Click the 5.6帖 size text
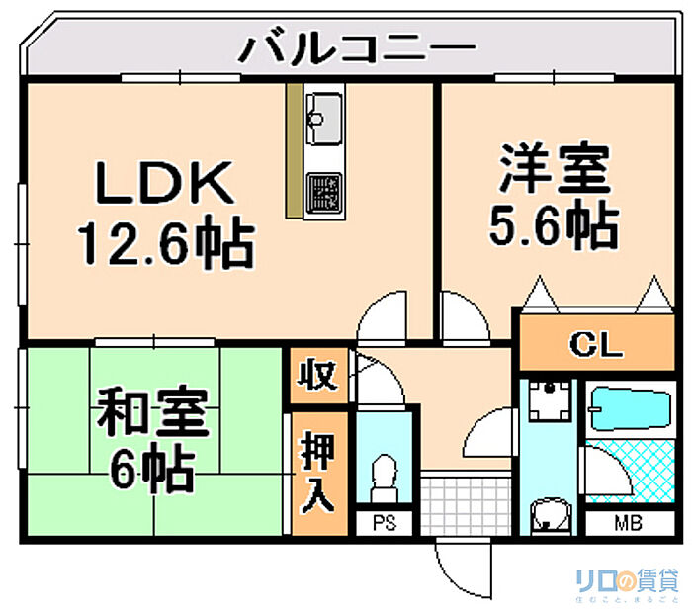coord(553,226)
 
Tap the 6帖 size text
coord(152,471)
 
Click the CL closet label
coord(596,345)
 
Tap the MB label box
coord(628,523)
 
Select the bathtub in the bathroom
coord(632,408)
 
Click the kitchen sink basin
coord(323,111)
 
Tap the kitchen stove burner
coord(323,191)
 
